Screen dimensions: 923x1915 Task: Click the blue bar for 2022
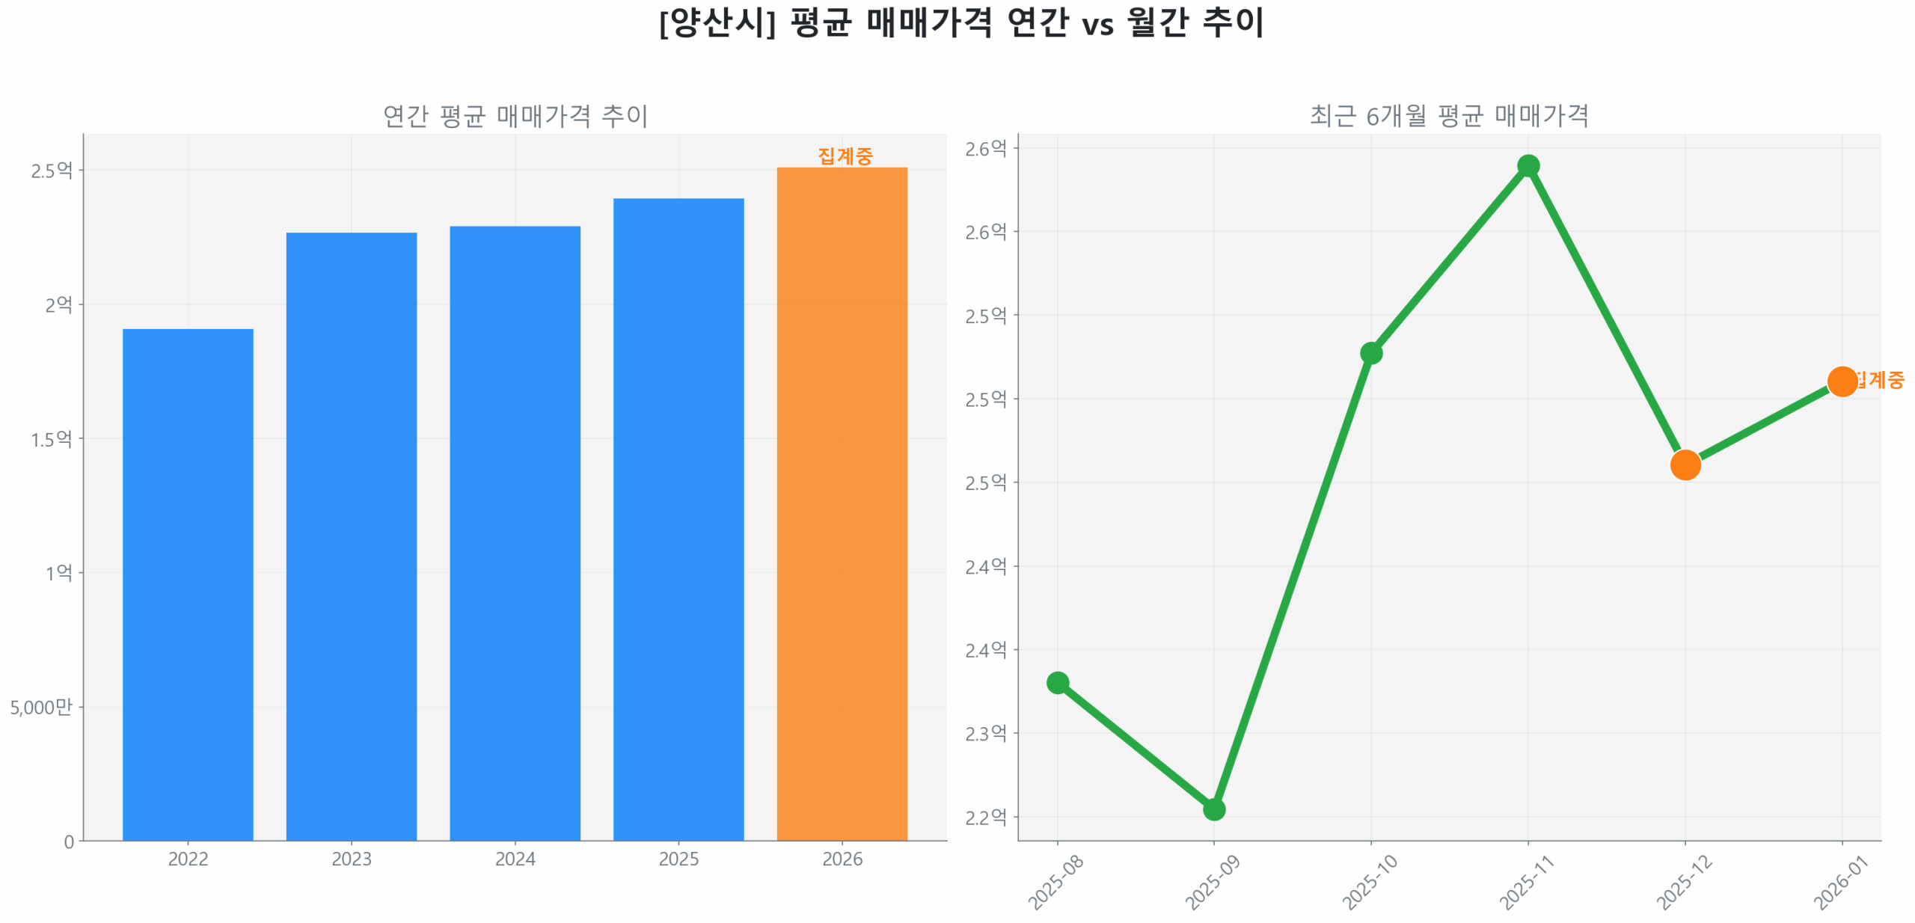pos(188,583)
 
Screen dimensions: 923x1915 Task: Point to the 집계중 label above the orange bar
pos(845,156)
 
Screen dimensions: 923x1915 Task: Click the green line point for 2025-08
pos(1057,681)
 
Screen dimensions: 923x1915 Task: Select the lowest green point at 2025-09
pos(1213,809)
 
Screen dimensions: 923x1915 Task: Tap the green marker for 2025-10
pos(1370,352)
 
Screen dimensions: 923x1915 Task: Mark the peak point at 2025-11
pos(1528,165)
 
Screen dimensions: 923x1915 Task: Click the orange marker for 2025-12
pos(1685,464)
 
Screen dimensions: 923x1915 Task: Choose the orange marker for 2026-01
pos(1841,381)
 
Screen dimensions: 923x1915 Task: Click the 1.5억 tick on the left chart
pos(52,438)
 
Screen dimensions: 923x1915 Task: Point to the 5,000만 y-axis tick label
pos(41,706)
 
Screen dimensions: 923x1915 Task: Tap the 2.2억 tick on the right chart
pos(985,816)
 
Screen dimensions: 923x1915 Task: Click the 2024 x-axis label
pos(515,858)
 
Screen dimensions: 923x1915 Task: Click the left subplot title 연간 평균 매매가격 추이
pos(515,116)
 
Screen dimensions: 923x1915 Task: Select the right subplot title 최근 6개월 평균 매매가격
pos(1448,116)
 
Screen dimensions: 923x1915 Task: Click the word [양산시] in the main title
pos(717,22)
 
